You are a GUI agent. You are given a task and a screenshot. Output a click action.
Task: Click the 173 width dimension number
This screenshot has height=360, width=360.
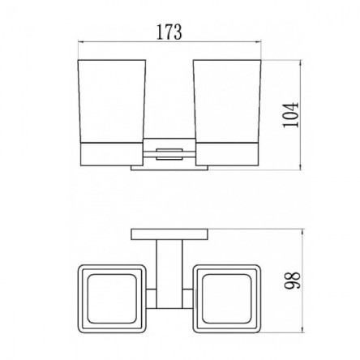pos(169,32)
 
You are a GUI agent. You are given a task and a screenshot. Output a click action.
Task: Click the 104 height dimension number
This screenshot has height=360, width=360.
pos(291,114)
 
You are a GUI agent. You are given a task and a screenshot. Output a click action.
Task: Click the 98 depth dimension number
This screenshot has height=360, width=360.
pos(293,281)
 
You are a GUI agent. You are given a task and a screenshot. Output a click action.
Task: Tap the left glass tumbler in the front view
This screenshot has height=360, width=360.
pos(112,101)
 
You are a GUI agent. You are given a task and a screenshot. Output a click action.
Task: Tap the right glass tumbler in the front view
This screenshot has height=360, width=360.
pos(227,101)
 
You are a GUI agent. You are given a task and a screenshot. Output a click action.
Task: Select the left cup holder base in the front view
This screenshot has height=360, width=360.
pos(112,153)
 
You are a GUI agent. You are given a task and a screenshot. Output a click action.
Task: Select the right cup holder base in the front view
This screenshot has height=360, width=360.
pos(227,153)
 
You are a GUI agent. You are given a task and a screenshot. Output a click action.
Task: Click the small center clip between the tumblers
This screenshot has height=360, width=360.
pos(169,154)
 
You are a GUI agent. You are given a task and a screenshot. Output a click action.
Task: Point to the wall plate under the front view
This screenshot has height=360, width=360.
pos(169,168)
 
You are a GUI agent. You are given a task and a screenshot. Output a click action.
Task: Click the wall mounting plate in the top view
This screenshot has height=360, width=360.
pos(169,234)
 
